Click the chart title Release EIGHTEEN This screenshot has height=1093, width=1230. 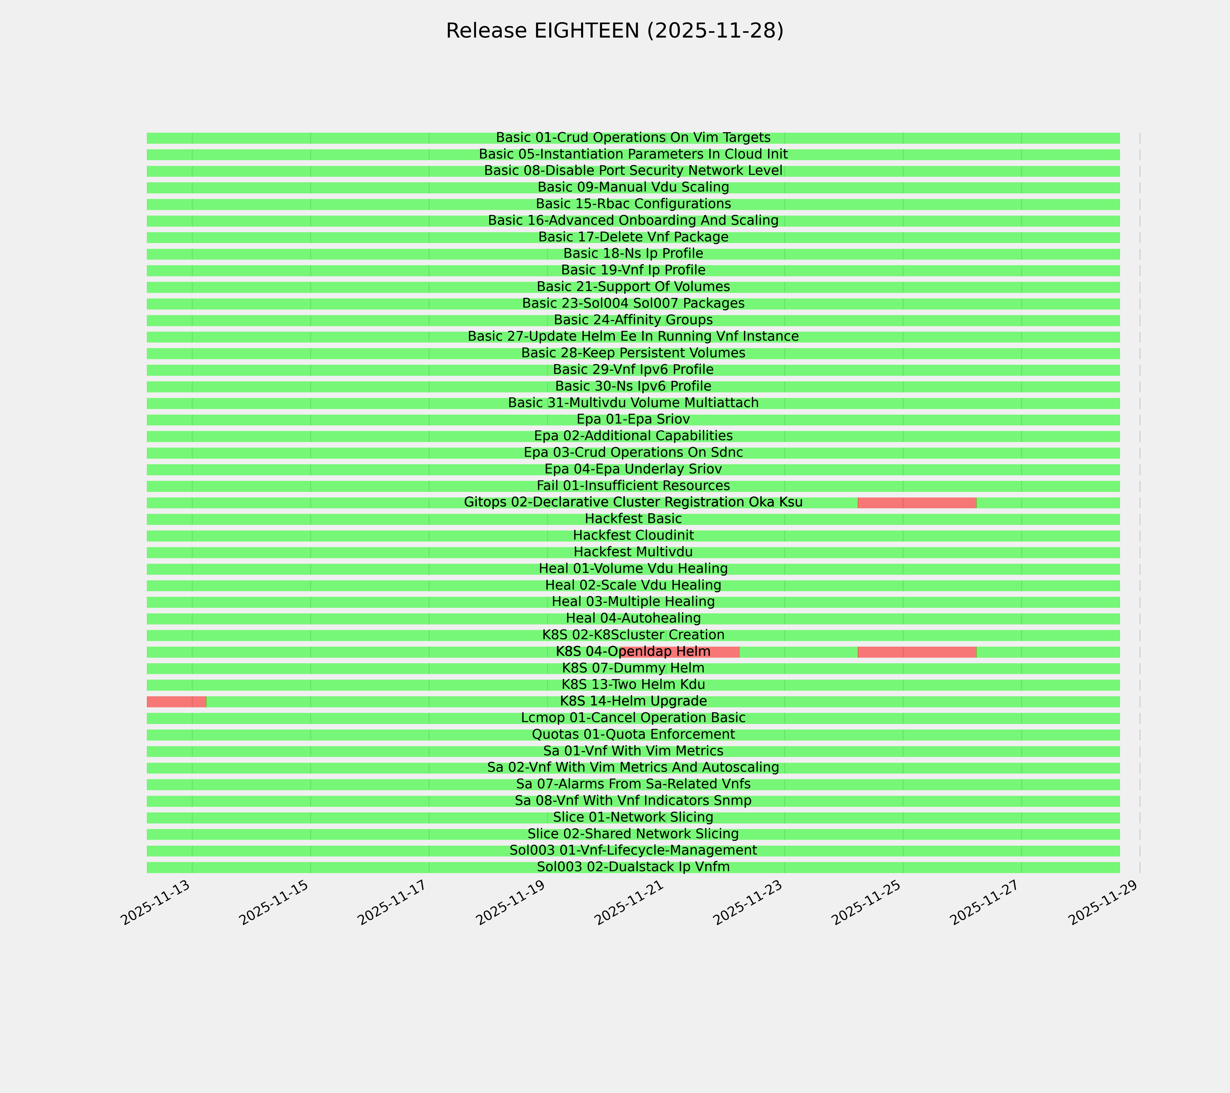point(614,31)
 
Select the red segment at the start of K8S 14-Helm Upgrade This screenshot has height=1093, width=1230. point(176,701)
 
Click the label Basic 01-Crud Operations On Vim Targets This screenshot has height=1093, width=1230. point(633,138)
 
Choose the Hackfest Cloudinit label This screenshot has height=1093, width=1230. point(633,535)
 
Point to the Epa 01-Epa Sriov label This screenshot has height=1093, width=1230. point(633,419)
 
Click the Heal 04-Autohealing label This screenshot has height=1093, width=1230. point(633,618)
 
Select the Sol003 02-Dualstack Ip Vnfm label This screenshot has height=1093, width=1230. point(633,867)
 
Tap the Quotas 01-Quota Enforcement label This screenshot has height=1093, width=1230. point(633,735)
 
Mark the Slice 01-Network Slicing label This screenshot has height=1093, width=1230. point(633,817)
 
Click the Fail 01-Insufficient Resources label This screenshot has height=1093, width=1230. point(633,485)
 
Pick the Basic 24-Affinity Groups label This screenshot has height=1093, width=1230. point(633,320)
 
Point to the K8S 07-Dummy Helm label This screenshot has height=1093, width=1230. point(633,668)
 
